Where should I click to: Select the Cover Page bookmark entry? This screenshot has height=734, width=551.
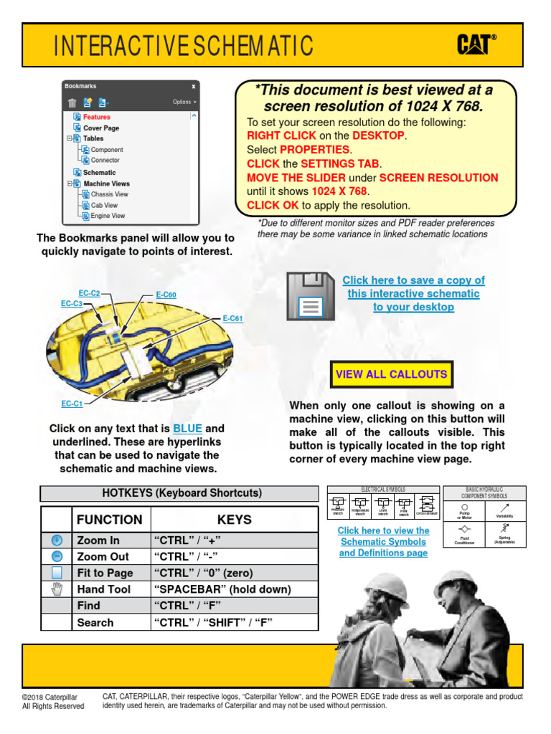click(101, 128)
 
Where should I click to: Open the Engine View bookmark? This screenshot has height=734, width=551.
click(108, 216)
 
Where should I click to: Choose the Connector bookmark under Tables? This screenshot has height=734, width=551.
click(105, 161)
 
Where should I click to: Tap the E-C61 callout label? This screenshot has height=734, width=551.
click(232, 318)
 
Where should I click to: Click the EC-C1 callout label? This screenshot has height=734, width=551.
click(72, 404)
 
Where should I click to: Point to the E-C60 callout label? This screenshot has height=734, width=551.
click(166, 295)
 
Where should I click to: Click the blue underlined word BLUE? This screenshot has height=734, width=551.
click(187, 429)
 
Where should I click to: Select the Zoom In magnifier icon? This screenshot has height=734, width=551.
click(57, 540)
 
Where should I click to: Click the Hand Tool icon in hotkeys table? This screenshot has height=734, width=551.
click(57, 589)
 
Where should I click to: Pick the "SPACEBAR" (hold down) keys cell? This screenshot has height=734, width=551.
click(222, 589)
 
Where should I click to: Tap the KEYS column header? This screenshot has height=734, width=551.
click(234, 520)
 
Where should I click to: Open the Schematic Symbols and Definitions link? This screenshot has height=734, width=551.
click(383, 542)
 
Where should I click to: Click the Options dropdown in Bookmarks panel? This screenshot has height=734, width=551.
click(184, 102)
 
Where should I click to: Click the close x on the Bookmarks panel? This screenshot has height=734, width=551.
click(193, 86)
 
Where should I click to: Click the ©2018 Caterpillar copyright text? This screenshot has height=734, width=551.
click(50, 697)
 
